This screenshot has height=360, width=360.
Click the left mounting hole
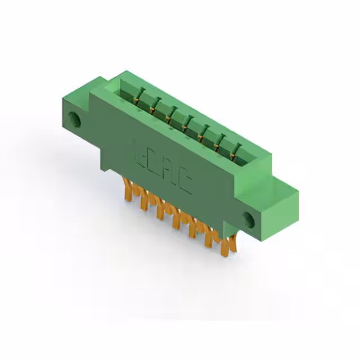(74, 119)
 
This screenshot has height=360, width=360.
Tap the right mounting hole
(249, 218)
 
